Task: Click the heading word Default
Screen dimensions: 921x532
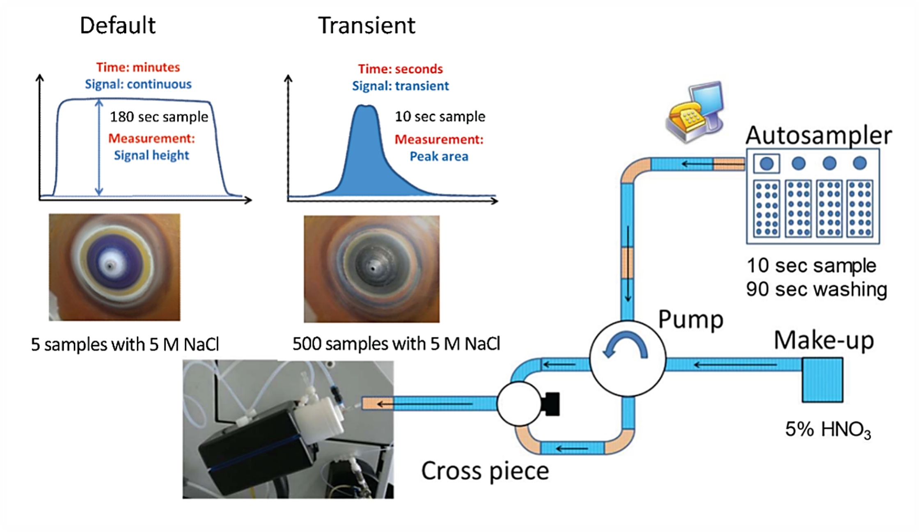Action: (x=118, y=25)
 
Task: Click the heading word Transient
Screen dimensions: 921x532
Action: (x=367, y=25)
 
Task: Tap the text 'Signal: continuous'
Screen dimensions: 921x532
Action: (x=138, y=84)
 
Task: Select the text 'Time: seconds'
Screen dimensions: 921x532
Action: (x=400, y=69)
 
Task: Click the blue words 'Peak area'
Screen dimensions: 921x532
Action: (x=439, y=156)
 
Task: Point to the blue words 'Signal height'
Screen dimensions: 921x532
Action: (x=151, y=155)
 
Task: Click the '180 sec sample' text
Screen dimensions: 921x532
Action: (x=159, y=117)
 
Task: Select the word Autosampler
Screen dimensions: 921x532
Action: (x=819, y=135)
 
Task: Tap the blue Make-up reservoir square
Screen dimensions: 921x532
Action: (x=822, y=380)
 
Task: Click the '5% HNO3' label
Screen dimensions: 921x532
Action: (x=828, y=430)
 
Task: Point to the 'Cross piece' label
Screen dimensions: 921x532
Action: (x=485, y=470)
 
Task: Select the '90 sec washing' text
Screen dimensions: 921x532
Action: (x=816, y=289)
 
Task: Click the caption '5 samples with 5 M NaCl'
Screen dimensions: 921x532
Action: (x=125, y=344)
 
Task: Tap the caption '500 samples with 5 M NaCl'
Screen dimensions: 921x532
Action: (x=396, y=344)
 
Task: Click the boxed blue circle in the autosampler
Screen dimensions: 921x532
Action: (x=766, y=163)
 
